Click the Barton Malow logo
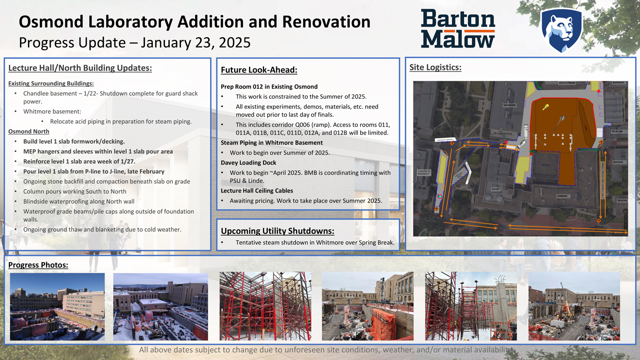click(458, 29)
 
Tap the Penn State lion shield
click(561, 30)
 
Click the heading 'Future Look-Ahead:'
click(259, 70)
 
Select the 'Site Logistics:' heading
click(435, 68)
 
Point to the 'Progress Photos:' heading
click(38, 265)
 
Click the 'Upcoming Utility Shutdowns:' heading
click(277, 231)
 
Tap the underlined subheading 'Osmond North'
click(29, 132)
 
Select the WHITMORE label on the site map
click(509, 105)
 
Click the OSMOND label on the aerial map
click(562, 196)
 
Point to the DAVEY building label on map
click(495, 189)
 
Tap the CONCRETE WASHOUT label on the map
click(423, 172)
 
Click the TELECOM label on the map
click(617, 132)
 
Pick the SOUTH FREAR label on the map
click(567, 83)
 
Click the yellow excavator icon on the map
click(546, 107)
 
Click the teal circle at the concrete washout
click(440, 196)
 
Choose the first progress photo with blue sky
click(57, 306)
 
